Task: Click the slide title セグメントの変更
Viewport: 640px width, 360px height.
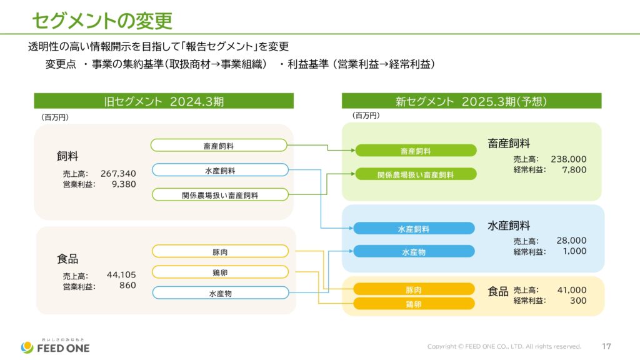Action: (x=102, y=21)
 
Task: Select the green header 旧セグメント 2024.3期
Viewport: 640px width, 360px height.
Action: (x=164, y=101)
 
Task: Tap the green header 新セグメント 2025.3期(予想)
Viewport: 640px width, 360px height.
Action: (x=471, y=101)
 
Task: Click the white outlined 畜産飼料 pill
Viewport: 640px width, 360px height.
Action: (x=219, y=145)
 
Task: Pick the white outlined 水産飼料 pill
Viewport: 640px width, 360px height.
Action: (x=220, y=170)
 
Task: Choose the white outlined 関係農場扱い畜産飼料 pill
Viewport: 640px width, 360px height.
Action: (x=220, y=195)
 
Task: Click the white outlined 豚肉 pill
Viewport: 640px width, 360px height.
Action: (x=220, y=251)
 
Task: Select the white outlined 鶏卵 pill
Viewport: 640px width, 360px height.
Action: (x=220, y=272)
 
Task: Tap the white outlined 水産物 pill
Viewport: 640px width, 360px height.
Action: (x=221, y=293)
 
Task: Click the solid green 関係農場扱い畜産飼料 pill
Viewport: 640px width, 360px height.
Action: (x=416, y=174)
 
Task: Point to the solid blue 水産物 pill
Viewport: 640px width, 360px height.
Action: (x=414, y=251)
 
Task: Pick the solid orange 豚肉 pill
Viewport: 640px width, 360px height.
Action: (x=414, y=289)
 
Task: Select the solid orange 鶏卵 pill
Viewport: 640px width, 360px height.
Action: (x=414, y=304)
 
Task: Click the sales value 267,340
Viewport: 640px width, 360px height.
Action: (x=118, y=174)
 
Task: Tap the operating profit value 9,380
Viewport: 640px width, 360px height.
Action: (x=124, y=184)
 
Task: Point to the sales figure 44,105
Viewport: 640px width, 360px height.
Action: (x=121, y=275)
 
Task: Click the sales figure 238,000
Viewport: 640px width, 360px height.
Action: (x=569, y=159)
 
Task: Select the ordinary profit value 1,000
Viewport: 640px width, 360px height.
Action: (x=575, y=251)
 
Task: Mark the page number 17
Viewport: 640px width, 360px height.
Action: (x=606, y=346)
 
